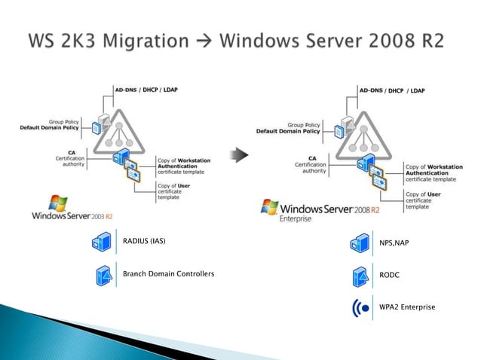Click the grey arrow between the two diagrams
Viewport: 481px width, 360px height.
240,156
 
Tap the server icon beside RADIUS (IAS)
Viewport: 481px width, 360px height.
101,242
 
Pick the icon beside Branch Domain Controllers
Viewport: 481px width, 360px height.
101,274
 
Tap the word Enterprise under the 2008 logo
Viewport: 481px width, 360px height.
296,219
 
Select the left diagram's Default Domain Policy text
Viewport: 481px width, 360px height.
50,127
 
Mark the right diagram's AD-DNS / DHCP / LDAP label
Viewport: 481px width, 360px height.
391,90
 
